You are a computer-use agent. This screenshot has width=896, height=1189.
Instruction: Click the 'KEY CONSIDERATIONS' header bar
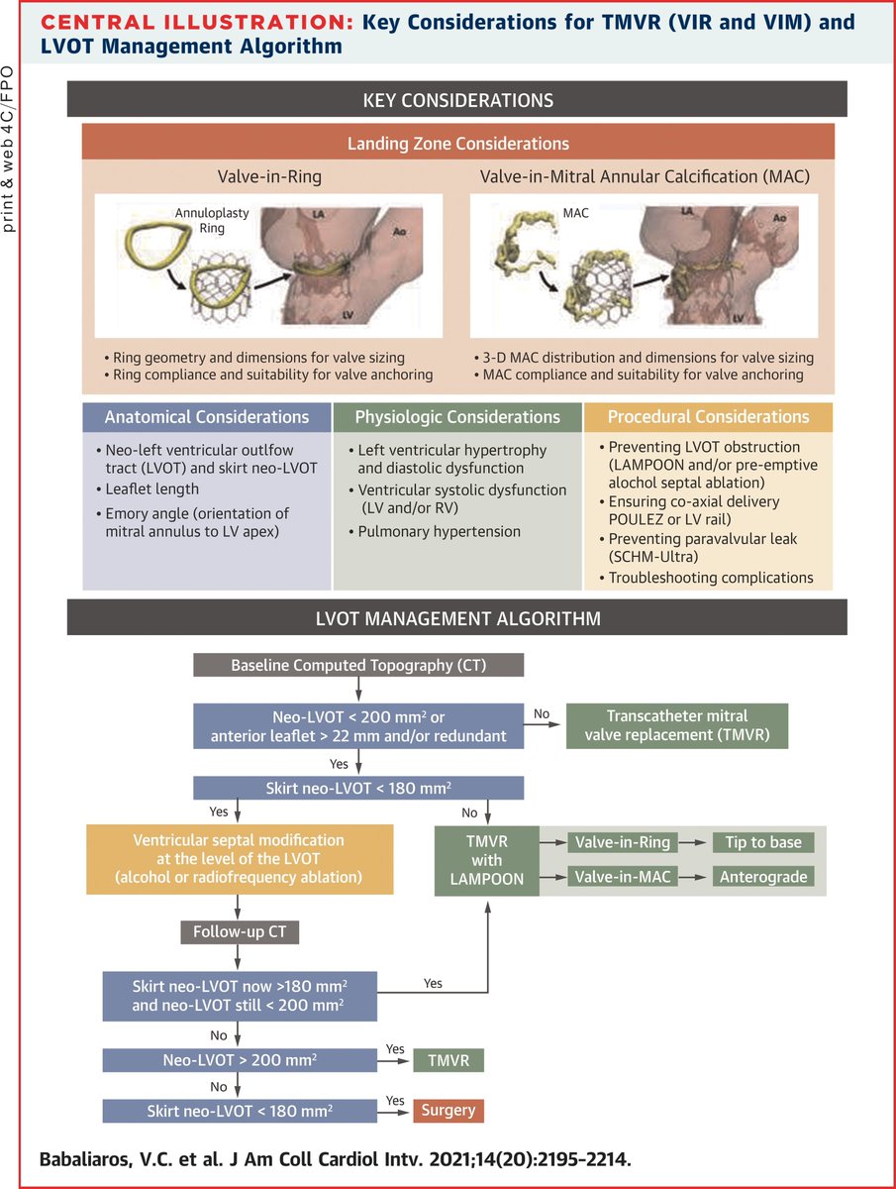point(457,100)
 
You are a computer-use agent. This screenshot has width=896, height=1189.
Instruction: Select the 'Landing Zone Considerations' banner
point(457,144)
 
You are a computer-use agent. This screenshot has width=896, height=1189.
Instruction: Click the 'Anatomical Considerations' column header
point(207,417)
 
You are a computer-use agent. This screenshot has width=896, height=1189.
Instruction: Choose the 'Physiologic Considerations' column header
point(457,417)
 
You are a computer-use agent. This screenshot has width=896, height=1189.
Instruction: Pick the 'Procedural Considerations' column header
point(708,417)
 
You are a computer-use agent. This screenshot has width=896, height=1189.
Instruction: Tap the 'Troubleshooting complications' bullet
point(710,578)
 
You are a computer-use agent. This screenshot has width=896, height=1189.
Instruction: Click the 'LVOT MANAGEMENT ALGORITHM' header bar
point(457,619)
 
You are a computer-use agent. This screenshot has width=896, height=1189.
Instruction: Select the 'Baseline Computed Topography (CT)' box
point(357,664)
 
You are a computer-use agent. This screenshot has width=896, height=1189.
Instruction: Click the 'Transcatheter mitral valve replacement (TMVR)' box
point(676,724)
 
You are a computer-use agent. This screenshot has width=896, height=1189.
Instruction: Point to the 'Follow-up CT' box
point(238,932)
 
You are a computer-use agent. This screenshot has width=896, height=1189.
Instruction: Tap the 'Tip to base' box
point(763,842)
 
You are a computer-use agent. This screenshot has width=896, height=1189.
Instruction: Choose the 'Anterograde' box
point(763,877)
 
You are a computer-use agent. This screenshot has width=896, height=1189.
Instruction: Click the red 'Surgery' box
point(448,1111)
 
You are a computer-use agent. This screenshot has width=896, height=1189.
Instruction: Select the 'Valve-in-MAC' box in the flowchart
point(621,877)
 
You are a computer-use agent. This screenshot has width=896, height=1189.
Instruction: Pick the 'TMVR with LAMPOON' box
point(487,860)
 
